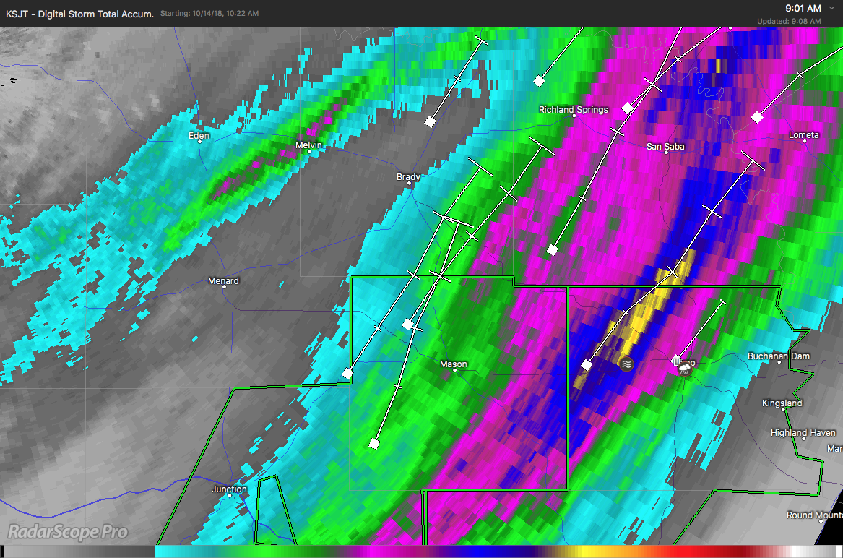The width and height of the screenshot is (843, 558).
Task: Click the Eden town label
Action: coord(199,136)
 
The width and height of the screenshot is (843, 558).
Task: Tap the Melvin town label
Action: coord(308,145)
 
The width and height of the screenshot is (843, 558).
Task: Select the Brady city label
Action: coord(408,177)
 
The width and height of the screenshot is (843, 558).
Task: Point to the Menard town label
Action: coord(223,281)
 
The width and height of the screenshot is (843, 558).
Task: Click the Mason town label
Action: coord(454,364)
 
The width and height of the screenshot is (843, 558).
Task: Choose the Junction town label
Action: coord(229,489)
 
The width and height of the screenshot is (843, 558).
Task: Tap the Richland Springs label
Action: coord(574,110)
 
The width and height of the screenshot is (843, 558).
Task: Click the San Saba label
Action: coord(665,147)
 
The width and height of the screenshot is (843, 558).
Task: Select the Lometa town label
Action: coord(803,135)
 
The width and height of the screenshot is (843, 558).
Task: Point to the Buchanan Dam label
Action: coord(779,356)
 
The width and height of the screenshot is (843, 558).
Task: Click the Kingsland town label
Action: coord(782,403)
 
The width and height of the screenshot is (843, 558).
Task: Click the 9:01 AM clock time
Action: coord(803,8)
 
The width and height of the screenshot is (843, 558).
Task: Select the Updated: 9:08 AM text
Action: coord(789,22)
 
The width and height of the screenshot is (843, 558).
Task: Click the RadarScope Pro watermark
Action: coord(67,533)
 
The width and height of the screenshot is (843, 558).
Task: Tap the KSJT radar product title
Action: coord(79,14)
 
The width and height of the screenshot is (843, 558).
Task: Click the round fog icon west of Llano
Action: coord(626,364)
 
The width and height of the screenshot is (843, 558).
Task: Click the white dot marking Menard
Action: coord(224,287)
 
